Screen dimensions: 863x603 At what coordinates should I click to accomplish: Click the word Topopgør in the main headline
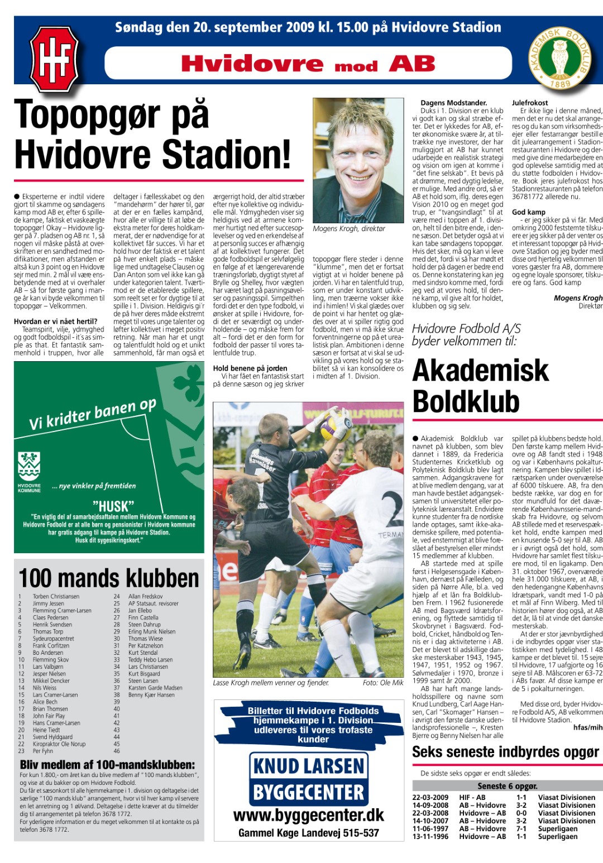coord(112,115)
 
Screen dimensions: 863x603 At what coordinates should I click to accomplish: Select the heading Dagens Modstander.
coord(453,103)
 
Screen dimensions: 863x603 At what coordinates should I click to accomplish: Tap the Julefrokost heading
coord(530,103)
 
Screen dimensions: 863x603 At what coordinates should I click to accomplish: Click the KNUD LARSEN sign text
coord(308,766)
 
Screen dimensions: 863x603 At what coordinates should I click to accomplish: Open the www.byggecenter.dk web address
coord(308,816)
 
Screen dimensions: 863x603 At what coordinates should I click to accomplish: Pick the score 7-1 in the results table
coord(521,828)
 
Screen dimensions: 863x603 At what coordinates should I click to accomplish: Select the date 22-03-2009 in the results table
coord(430,798)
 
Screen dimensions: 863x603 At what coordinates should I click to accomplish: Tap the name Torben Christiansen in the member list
coord(56,596)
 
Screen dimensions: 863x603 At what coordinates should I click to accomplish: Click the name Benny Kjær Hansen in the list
coord(151,695)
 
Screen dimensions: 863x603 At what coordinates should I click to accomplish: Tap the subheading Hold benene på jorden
coord(250,368)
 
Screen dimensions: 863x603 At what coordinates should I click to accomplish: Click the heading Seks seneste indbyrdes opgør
coord(505,752)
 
